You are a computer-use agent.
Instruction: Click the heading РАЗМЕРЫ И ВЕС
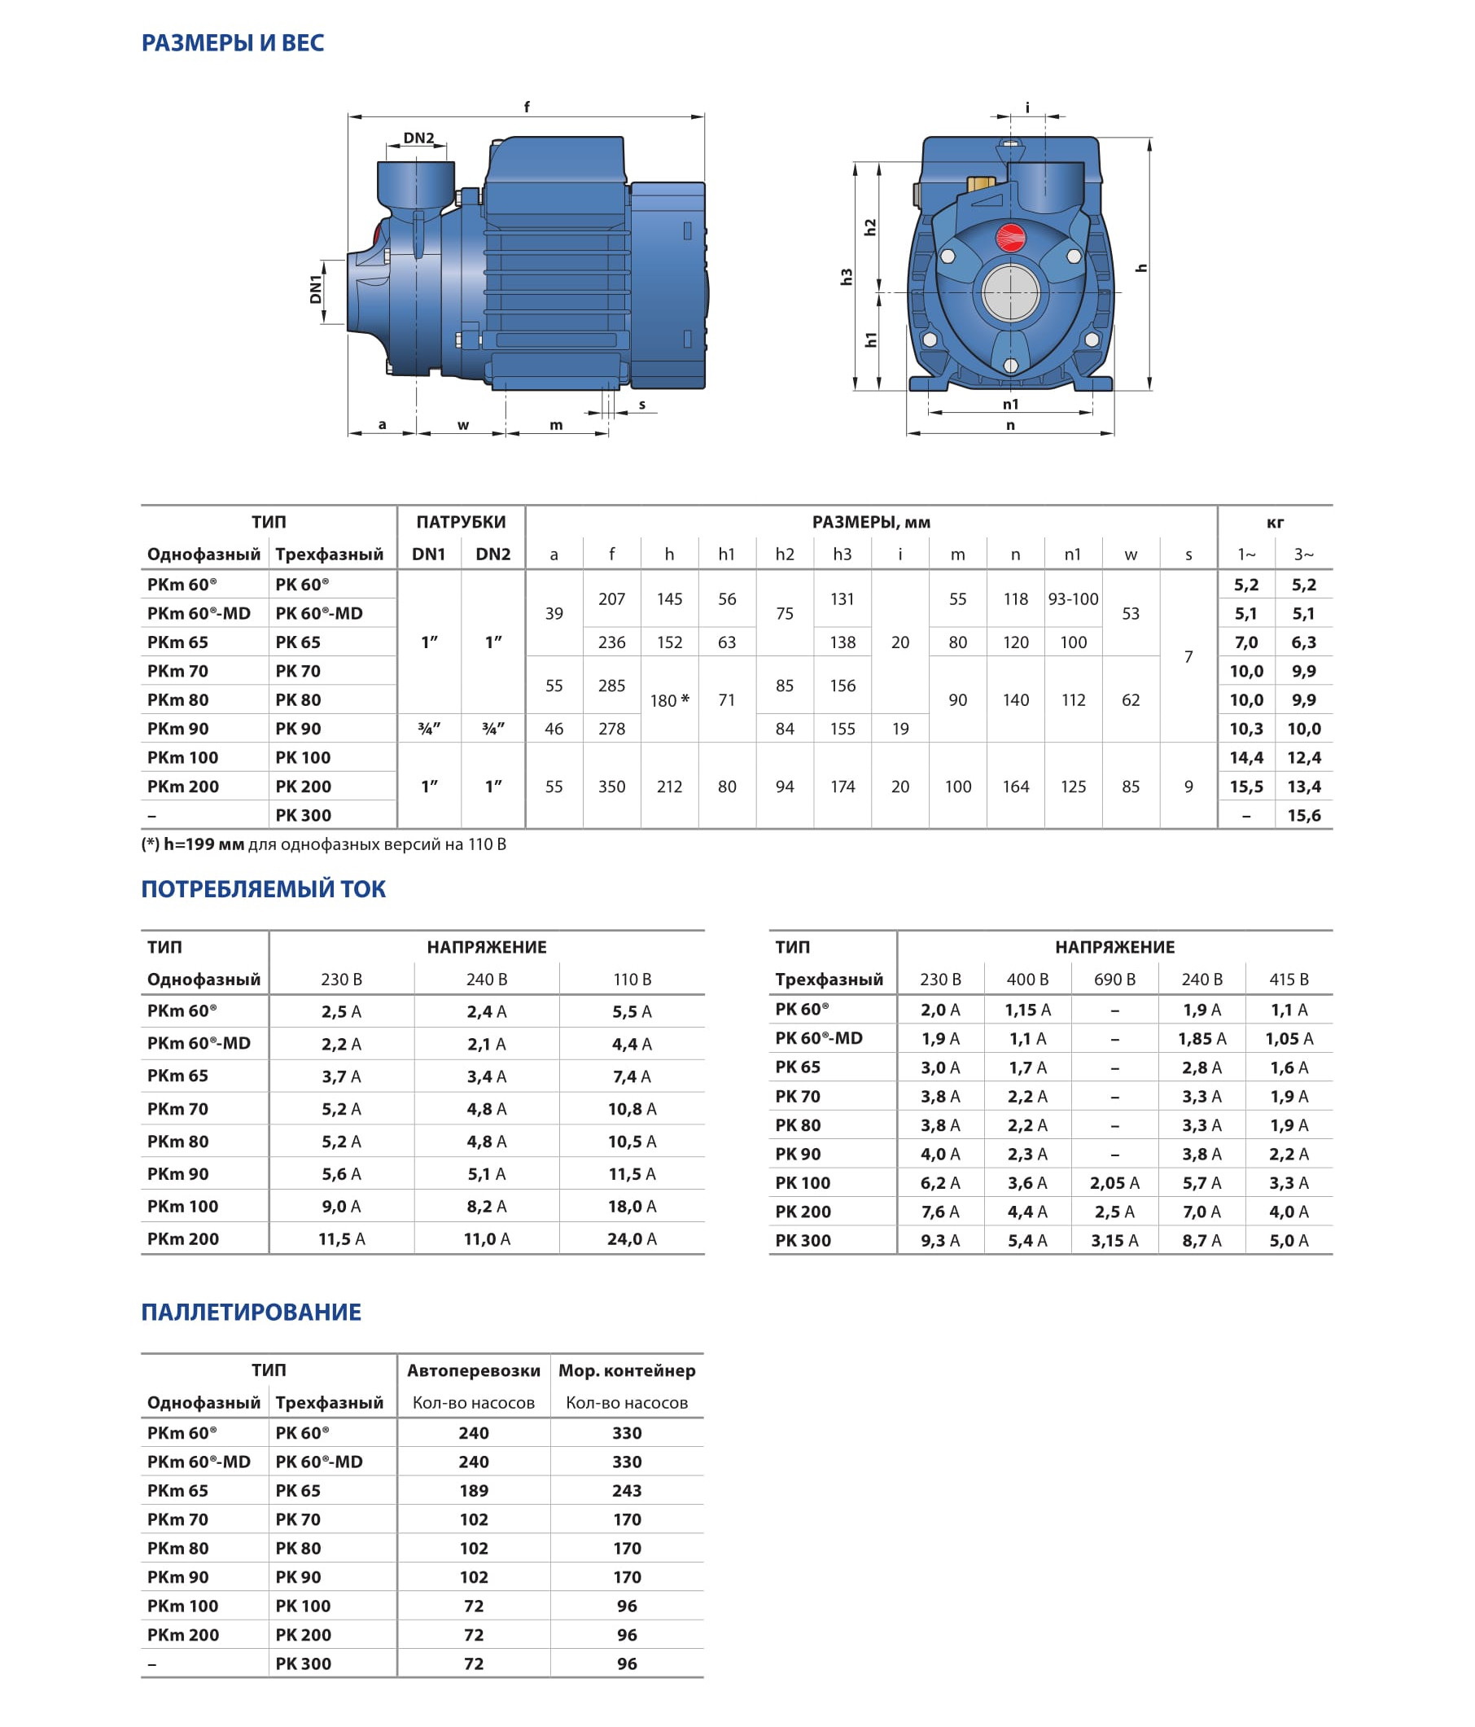[233, 42]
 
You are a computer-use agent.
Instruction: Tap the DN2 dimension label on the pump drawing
[418, 138]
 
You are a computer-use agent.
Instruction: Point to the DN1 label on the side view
[316, 289]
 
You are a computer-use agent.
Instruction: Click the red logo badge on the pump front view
[1011, 238]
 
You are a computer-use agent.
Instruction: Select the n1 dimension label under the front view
[1010, 404]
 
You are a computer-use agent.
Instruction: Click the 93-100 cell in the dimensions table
[1073, 599]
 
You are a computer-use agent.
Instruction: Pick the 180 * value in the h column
[669, 700]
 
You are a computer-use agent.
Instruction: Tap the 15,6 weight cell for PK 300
[1303, 815]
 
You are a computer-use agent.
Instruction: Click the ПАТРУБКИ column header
[461, 522]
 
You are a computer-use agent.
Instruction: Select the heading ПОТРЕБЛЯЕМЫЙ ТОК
[263, 889]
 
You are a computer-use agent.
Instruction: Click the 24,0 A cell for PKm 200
[632, 1238]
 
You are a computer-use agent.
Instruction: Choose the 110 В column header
[632, 980]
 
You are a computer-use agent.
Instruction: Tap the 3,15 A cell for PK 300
[1114, 1240]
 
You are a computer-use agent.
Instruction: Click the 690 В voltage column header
[1114, 980]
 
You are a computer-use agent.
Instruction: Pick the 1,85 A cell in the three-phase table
[1201, 1038]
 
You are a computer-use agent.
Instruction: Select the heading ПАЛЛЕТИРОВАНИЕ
[251, 1312]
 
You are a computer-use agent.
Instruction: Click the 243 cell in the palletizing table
[627, 1490]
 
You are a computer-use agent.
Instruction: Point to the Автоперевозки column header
[473, 1370]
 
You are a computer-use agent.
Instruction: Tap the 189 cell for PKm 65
[473, 1490]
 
